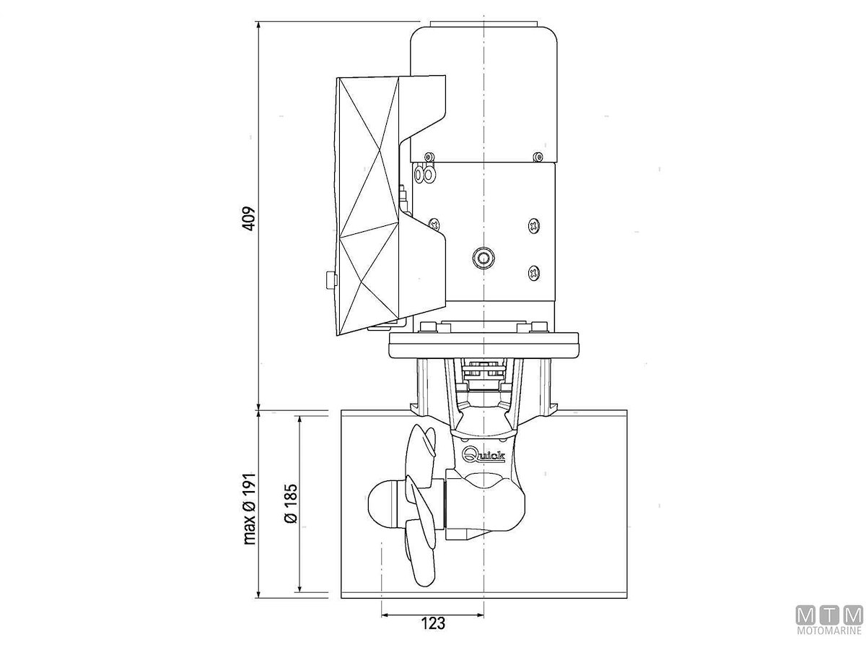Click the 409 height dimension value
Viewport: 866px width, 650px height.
(x=248, y=218)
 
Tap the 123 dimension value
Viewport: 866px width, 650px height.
(x=433, y=623)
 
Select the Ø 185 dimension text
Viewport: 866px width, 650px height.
(x=290, y=503)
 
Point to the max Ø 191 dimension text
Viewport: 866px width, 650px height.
(x=250, y=508)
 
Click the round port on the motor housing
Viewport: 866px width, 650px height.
(x=484, y=258)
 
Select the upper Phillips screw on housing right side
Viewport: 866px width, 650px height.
(x=534, y=226)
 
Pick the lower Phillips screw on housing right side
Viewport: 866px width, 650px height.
(x=534, y=272)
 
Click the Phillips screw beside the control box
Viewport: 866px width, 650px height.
(x=434, y=225)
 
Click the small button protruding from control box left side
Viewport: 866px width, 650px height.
(x=331, y=279)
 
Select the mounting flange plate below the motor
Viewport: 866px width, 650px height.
(x=484, y=345)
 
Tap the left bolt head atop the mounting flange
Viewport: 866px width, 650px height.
(x=429, y=327)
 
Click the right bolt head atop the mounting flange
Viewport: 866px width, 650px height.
(x=539, y=327)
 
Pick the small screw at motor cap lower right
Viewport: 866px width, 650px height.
(x=538, y=157)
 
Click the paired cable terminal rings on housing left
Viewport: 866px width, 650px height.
(x=424, y=174)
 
